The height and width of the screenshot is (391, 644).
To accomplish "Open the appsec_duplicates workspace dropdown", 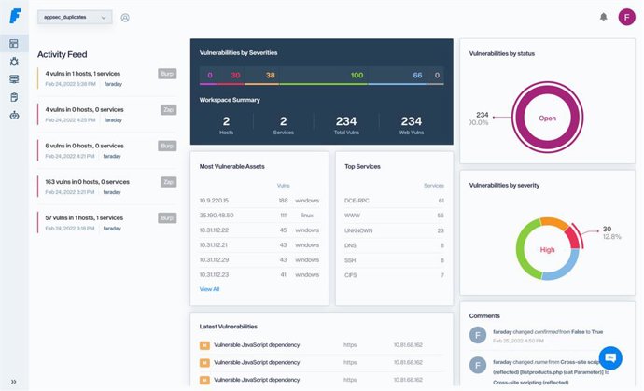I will coord(75,17).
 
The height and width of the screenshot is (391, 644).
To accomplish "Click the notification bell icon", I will coord(603,17).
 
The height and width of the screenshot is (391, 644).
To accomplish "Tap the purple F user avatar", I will coord(626,17).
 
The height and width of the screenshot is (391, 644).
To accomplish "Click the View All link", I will coord(210,289).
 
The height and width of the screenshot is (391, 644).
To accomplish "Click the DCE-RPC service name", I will coord(356,200).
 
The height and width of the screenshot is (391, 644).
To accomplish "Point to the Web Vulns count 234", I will coord(411,121).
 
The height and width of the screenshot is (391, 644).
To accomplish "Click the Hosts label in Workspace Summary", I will coord(227,133).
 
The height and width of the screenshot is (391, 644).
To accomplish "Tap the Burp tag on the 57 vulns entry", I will coord(167,217).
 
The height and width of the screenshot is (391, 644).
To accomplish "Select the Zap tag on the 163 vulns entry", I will coord(168,182).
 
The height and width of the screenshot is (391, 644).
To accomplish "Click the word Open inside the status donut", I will coord(546,119).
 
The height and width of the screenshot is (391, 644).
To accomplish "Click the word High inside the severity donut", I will coord(548,249).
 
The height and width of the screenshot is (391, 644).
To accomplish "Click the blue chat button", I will coord(610,357).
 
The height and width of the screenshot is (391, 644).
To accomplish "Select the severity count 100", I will coord(357,75).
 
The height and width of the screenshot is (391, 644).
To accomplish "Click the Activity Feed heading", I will coord(63,54).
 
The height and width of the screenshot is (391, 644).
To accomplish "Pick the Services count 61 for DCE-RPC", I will coord(441,200).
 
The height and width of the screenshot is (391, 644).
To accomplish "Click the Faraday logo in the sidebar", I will coord(14,16).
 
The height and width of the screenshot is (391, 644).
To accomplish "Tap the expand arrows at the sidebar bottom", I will coord(13,381).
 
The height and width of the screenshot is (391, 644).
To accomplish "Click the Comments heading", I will coord(484,315).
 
